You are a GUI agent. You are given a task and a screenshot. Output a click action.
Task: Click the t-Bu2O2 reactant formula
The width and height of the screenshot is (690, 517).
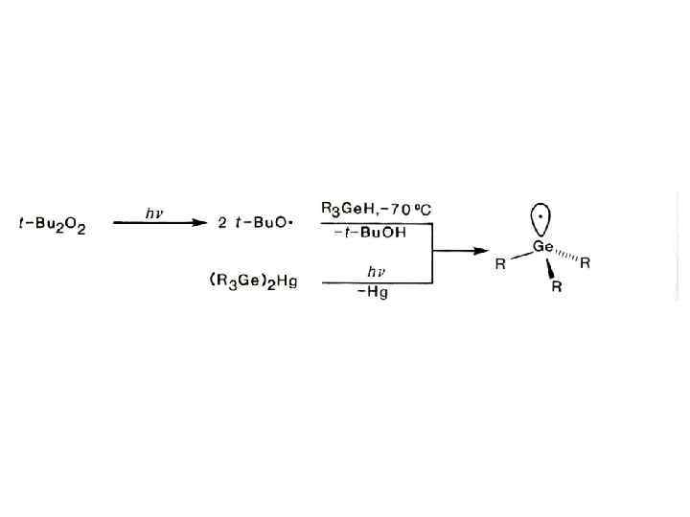52,226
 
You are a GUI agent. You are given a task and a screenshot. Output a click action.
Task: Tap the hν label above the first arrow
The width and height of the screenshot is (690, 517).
153,214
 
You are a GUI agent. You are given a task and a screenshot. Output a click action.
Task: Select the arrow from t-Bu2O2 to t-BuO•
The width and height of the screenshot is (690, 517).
159,224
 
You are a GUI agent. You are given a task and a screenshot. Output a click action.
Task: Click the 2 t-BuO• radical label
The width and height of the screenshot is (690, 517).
254,224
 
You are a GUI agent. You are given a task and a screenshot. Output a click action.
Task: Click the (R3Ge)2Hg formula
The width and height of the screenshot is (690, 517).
253,283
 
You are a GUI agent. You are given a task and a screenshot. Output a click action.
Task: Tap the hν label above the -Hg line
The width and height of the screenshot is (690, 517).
375,271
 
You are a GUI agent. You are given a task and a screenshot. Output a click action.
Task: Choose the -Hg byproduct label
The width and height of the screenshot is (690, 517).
373,294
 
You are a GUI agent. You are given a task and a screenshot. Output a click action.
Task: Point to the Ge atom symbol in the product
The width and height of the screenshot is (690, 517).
544,246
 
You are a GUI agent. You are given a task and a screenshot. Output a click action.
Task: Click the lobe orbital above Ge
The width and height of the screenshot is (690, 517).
543,216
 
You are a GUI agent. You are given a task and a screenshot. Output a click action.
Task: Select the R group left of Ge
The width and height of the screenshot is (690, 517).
500,265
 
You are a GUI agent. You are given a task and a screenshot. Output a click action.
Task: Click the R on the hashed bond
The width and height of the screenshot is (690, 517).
586,263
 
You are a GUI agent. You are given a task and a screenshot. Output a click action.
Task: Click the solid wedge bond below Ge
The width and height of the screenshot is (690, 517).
550,267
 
